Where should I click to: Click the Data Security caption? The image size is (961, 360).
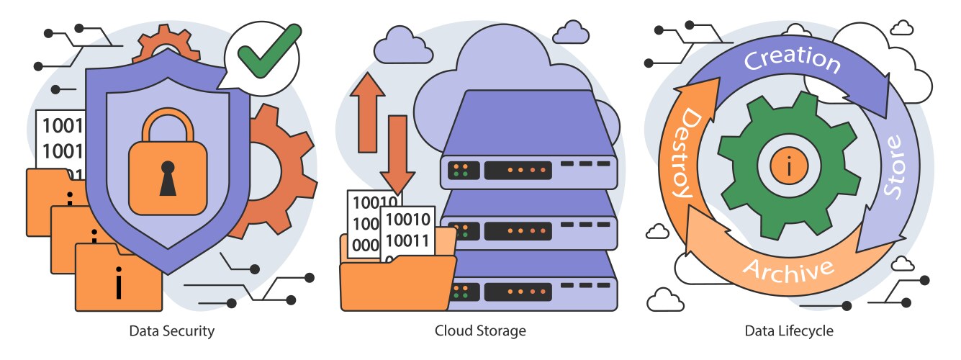(172, 331)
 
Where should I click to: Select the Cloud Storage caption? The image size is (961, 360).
(480, 331)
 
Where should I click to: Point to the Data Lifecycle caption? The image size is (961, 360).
(789, 331)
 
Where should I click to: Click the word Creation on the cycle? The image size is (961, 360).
(792, 60)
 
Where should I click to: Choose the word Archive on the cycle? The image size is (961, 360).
(788, 271)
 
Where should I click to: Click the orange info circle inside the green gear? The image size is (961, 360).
(790, 167)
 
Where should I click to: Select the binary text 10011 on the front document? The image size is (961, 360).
(407, 240)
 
